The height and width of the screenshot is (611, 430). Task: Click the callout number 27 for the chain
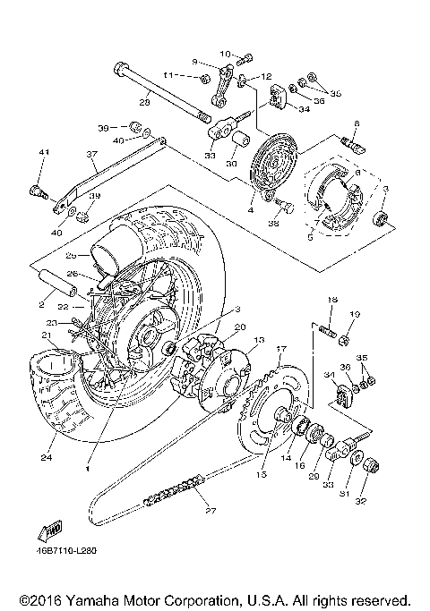click(x=211, y=513)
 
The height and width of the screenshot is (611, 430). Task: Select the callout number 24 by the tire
click(x=44, y=458)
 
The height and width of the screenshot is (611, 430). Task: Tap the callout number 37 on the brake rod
click(x=91, y=153)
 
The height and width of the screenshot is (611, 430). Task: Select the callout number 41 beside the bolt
click(x=41, y=153)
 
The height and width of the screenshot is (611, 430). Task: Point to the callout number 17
click(x=280, y=348)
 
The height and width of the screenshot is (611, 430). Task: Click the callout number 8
click(x=356, y=123)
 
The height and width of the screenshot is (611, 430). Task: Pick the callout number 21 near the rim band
click(x=46, y=335)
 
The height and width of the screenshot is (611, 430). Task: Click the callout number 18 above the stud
click(x=331, y=298)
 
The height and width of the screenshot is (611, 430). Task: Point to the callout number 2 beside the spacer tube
click(x=42, y=305)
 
